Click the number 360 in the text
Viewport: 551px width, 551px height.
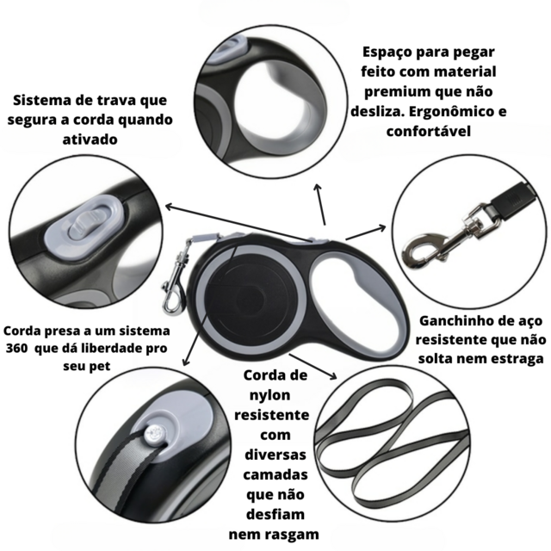pos(16,348)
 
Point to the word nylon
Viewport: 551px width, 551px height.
pos(269,396)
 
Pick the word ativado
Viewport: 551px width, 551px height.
pos(90,139)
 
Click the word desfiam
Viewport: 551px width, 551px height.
pos(275,515)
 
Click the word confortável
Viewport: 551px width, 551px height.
pos(429,132)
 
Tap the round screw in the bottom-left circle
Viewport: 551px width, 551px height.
pos(155,434)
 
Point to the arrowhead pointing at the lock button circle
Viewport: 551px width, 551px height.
pos(170,207)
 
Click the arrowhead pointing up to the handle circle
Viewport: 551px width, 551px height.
pos(318,188)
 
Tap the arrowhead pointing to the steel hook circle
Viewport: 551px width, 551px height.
pos(381,228)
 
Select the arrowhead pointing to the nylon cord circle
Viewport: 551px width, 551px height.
pos(332,376)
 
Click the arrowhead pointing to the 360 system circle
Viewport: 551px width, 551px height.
pos(186,361)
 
